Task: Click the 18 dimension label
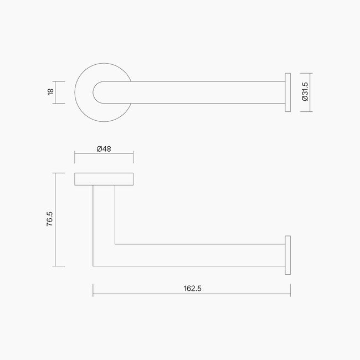(51, 92)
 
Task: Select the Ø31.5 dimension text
(305, 92)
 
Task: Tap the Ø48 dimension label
(104, 149)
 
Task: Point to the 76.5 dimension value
(49, 219)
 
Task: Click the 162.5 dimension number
(192, 289)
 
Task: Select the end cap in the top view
(287, 92)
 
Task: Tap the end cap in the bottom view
(287, 255)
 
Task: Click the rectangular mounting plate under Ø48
(104, 178)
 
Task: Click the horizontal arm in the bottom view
(199, 255)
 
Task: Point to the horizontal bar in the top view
(205, 92)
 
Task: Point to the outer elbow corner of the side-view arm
(94, 265)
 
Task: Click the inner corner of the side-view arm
(115, 244)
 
